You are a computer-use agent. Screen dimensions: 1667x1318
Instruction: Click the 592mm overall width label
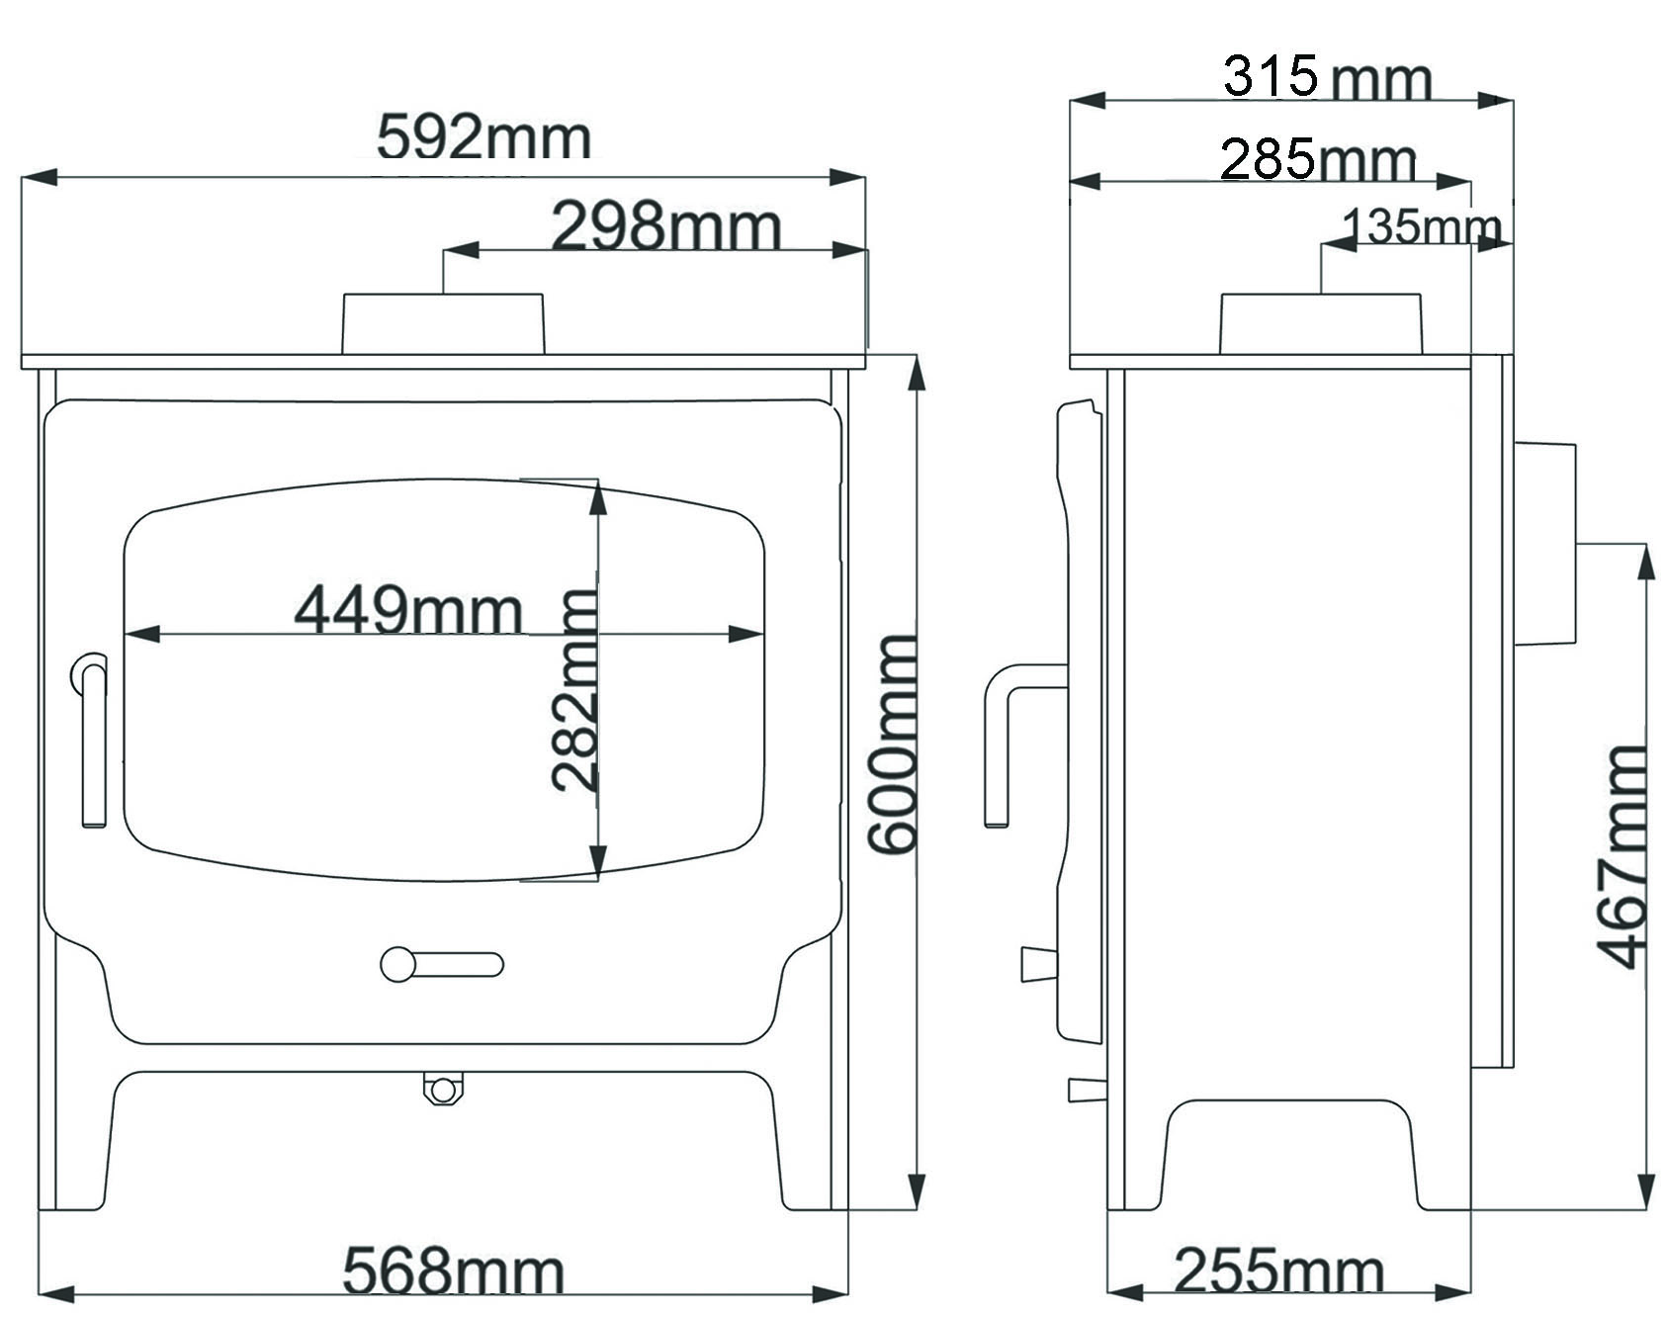pos(483,137)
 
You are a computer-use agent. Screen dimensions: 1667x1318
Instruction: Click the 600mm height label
pos(893,745)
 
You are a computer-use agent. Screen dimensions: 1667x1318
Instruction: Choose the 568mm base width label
pos(454,1272)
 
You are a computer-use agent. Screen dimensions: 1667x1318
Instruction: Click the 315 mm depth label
pos(1327,77)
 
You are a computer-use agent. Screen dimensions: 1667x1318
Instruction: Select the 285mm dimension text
pos(1319,160)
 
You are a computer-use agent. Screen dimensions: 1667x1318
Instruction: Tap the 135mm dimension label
pos(1422,227)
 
